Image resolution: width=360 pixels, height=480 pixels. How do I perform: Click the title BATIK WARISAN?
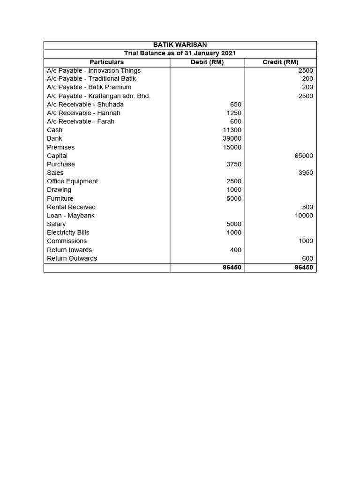pos(180,45)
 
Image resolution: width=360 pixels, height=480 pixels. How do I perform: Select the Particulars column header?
pos(107,62)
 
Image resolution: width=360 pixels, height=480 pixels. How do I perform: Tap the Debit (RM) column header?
pos(207,62)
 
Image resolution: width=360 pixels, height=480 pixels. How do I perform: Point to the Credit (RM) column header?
pos(280,62)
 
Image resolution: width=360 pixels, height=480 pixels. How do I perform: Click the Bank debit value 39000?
pos(232,139)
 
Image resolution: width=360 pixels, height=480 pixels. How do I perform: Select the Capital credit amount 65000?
pos(304,156)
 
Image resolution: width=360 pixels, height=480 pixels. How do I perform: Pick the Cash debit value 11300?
pos(232,130)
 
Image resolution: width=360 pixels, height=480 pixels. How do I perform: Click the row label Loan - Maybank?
pos(71,216)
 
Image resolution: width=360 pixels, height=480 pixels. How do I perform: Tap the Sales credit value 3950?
pos(306,173)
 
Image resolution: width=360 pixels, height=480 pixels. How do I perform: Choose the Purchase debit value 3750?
pos(233,164)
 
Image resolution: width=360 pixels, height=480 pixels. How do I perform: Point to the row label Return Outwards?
pos(72,258)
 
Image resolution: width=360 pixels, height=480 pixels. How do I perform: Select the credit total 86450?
pos(304,267)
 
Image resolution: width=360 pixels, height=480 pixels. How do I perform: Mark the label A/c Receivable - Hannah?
pos(83,113)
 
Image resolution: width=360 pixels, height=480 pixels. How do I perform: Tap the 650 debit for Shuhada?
pos(236,105)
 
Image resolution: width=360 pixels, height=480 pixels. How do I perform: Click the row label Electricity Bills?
pos(68,232)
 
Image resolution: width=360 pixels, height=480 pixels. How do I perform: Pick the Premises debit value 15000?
pos(232,147)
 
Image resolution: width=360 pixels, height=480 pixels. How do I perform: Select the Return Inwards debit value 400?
pos(236,250)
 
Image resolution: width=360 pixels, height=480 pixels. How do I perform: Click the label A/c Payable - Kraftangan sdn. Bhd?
pos(98,96)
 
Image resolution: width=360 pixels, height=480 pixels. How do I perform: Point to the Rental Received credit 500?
pos(307,207)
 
